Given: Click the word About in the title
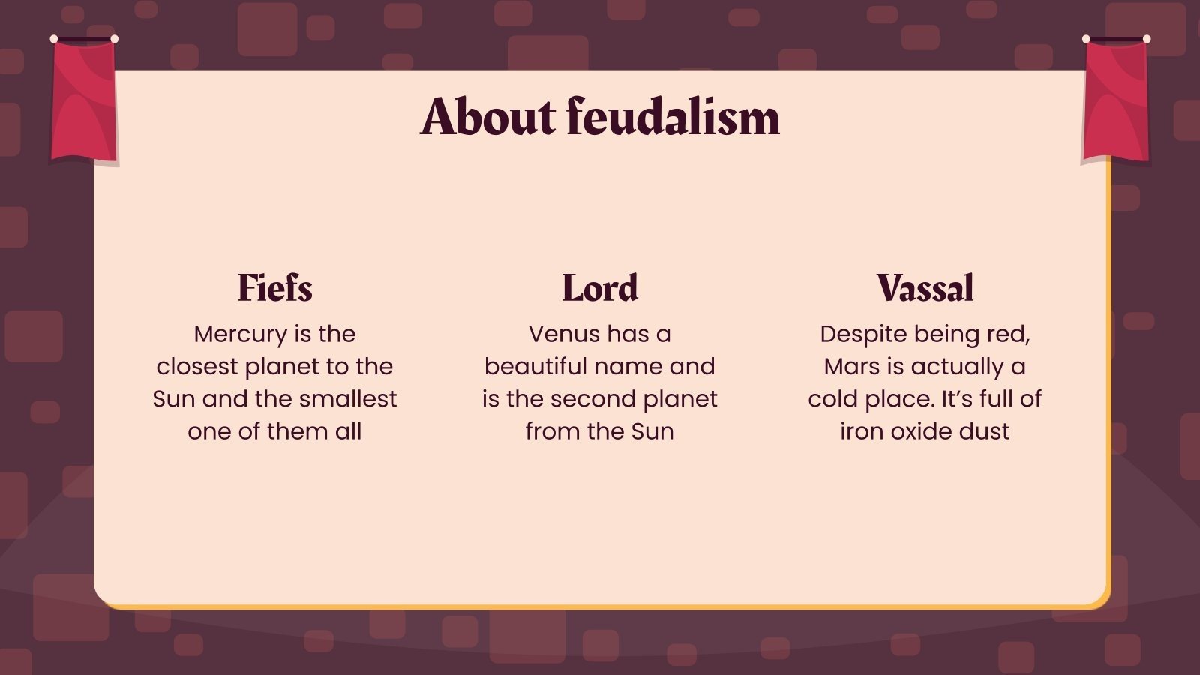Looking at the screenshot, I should (x=488, y=117).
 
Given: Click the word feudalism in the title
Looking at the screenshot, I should (x=673, y=117).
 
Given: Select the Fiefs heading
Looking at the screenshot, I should (x=274, y=288).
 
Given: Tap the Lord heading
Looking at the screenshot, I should (x=600, y=288).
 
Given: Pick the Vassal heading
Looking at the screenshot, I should (x=925, y=288).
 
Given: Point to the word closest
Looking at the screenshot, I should (x=197, y=367).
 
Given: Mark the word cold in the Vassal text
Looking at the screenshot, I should (x=833, y=399).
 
